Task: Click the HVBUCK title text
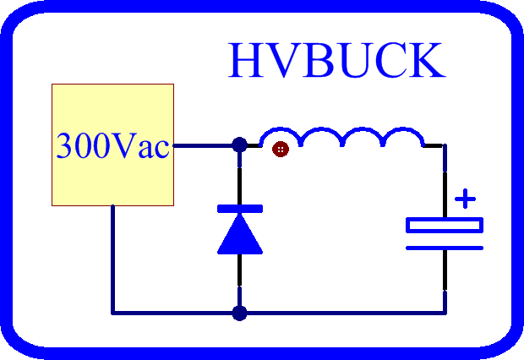(x=337, y=60)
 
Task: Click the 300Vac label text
(x=113, y=145)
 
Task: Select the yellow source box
(x=112, y=145)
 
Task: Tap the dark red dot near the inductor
(x=281, y=149)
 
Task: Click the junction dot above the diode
(x=240, y=145)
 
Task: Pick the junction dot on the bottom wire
(x=240, y=314)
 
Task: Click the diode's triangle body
(x=240, y=235)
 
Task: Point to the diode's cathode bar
(x=240, y=209)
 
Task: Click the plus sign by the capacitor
(x=465, y=199)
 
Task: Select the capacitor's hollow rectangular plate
(x=445, y=225)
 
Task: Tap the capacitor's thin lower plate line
(x=445, y=248)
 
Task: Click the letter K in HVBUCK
(x=429, y=60)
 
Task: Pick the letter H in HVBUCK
(x=244, y=60)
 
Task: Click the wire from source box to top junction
(x=203, y=145)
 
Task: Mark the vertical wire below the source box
(x=113, y=259)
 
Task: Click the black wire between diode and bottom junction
(x=240, y=270)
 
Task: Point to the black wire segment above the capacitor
(x=445, y=194)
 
